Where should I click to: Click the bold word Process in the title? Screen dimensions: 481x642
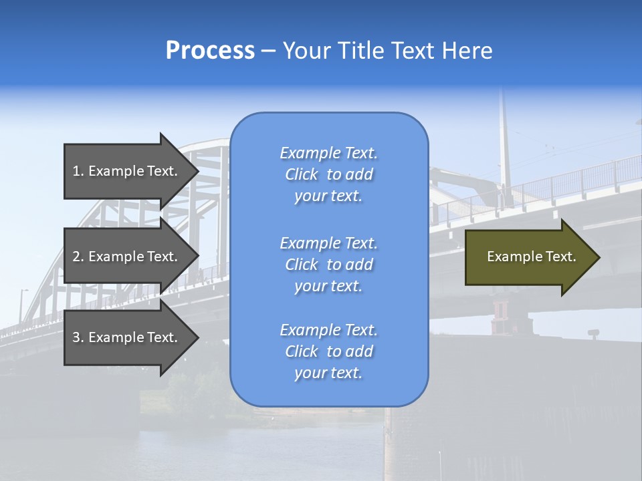click(x=210, y=51)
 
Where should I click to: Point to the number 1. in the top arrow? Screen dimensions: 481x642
click(x=78, y=171)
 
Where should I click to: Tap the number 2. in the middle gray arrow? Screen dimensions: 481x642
click(x=78, y=257)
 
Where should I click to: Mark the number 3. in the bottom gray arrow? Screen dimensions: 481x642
click(x=78, y=337)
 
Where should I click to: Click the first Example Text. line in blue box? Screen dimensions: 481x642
click(x=328, y=153)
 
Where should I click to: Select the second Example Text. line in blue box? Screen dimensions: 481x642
click(x=328, y=243)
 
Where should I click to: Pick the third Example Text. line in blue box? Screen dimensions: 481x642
click(x=328, y=330)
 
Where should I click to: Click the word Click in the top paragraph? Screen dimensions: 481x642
click(x=302, y=174)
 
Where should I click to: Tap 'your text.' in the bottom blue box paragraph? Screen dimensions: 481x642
click(x=328, y=373)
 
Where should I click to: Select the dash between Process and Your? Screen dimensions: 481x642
click(x=268, y=51)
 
